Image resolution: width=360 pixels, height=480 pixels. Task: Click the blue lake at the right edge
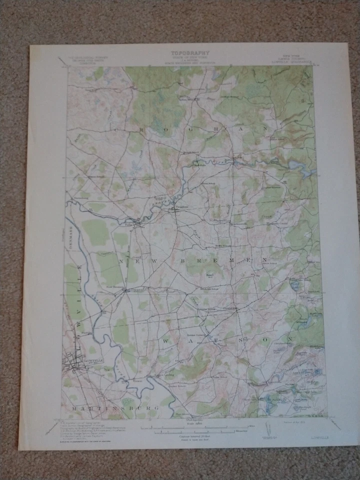[x=306, y=172]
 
